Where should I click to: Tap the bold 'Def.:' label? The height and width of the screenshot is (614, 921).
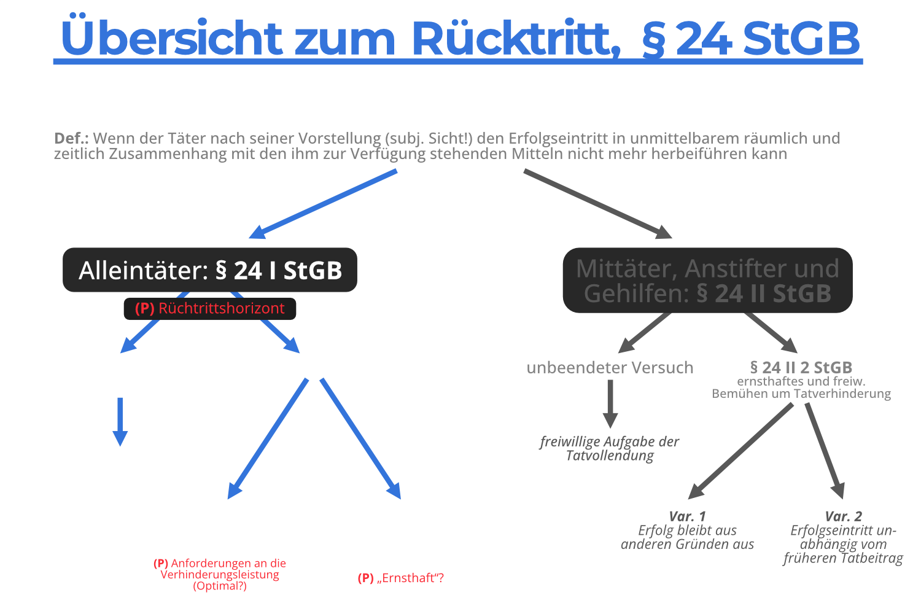click(x=71, y=138)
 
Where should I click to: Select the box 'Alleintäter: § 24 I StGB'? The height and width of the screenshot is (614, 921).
click(x=210, y=270)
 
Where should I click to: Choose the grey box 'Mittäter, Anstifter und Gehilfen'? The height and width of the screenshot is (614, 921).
click(x=707, y=281)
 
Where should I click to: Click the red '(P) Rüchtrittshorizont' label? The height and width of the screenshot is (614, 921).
click(x=210, y=308)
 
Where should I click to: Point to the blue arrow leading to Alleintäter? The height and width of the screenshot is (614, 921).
click(x=322, y=204)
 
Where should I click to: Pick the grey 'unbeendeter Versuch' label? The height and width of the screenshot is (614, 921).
click(x=610, y=368)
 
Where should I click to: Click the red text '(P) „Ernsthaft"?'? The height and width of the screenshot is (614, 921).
click(x=400, y=578)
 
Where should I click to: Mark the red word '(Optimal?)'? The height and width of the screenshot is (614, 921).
click(x=220, y=586)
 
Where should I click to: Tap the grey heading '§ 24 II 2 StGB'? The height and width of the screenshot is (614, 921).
click(x=801, y=367)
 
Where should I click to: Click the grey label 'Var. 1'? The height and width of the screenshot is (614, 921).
click(x=687, y=516)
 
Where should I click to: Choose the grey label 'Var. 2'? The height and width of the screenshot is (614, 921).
click(x=843, y=516)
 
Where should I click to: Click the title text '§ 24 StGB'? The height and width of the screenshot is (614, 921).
click(x=750, y=38)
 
